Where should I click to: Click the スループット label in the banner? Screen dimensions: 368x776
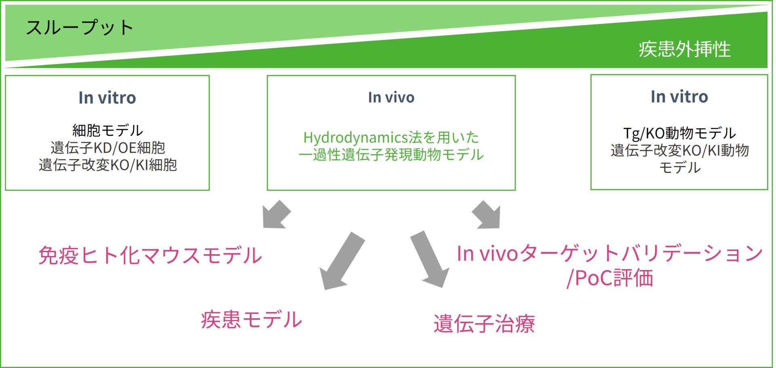coord(80,28)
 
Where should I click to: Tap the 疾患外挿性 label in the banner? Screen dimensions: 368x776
coord(684,49)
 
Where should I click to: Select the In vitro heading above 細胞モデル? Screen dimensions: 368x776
coord(107,98)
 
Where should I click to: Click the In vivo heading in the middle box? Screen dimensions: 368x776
coord(391,97)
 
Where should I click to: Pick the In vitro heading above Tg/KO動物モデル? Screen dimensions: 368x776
coord(679,96)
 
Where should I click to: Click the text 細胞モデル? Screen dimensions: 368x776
coord(108,130)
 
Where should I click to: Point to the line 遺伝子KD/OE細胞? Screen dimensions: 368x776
coord(108,148)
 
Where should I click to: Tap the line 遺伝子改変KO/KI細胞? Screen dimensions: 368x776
coord(108,165)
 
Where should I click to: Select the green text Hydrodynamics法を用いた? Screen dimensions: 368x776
coord(391,138)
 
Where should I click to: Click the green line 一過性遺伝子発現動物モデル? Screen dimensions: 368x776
coord(391,155)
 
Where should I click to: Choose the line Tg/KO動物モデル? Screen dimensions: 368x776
coord(679,133)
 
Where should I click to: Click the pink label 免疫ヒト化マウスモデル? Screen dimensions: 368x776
coord(150,255)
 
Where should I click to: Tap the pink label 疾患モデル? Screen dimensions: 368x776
coord(251,319)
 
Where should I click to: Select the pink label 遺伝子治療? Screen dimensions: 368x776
coord(484,324)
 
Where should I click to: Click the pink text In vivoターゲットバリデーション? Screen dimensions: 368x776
coord(609,254)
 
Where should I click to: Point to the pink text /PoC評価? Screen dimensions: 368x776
coord(609,278)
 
